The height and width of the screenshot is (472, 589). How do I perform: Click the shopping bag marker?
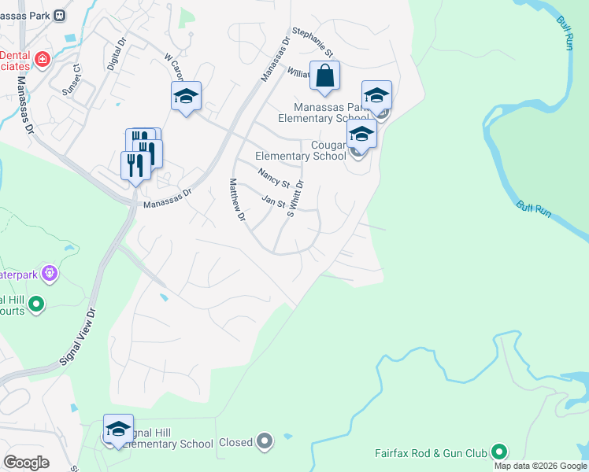pyautogui.click(x=324, y=77)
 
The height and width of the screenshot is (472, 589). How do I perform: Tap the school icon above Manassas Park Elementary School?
pyautogui.click(x=376, y=96)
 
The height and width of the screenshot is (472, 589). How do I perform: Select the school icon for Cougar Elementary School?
pyautogui.click(x=361, y=133)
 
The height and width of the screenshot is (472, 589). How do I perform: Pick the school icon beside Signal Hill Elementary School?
pyautogui.click(x=118, y=429)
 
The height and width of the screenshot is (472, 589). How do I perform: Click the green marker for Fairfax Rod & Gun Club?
pyautogui.click(x=498, y=452)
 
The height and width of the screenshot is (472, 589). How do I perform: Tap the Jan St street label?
pyautogui.click(x=272, y=202)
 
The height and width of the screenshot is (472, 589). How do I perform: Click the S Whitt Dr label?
pyautogui.click(x=294, y=197)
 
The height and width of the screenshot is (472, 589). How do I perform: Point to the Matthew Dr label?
pyautogui.click(x=237, y=199)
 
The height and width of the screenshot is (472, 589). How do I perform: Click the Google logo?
pyautogui.click(x=26, y=463)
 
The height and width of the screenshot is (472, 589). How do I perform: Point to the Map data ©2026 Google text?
pyautogui.click(x=540, y=466)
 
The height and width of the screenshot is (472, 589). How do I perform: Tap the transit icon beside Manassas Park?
pyautogui.click(x=61, y=14)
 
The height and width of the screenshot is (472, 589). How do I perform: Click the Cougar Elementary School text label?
pyautogui.click(x=301, y=150)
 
